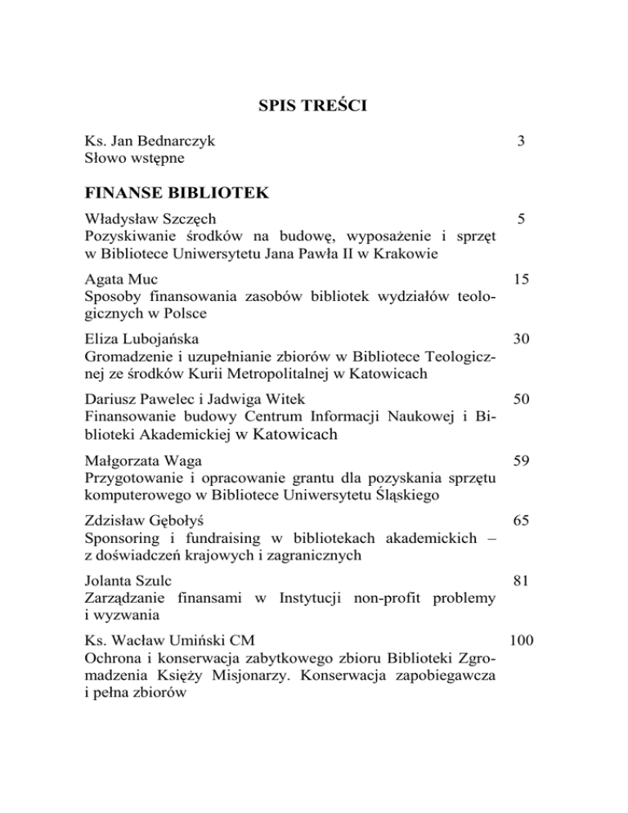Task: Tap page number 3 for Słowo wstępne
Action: (521, 141)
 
